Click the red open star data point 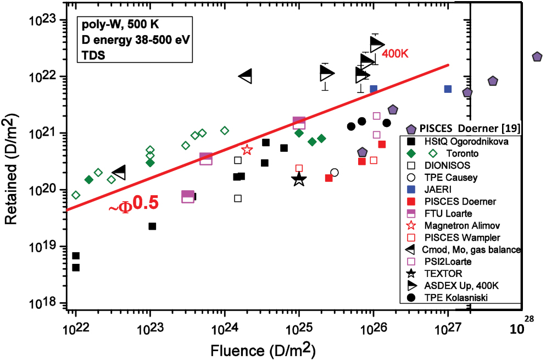coord(247,149)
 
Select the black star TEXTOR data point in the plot coord(299,179)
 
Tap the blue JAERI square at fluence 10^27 coord(448,88)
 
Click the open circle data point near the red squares coord(335,172)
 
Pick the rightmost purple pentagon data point coord(537,57)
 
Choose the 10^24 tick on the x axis coord(224,329)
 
